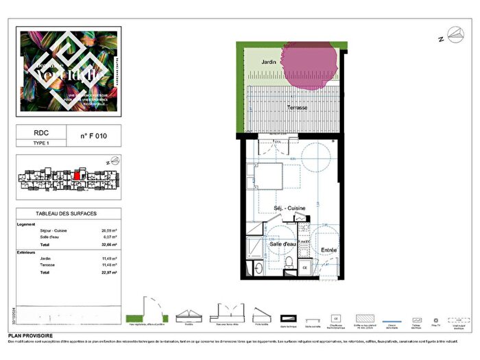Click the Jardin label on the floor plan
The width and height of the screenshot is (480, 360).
[269, 62]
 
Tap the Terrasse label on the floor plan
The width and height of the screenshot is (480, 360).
[296, 108]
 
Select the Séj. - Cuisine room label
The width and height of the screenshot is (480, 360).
[290, 207]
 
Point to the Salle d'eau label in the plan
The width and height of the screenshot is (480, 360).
[282, 244]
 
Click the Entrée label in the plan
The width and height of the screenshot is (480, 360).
[330, 251]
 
